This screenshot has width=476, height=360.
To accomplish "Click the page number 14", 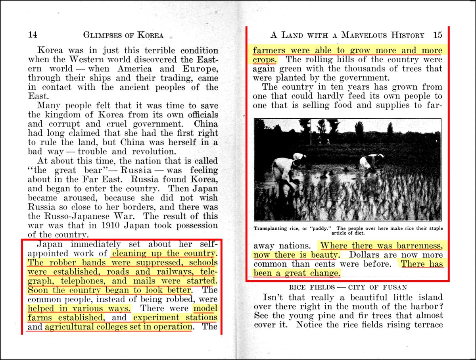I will pyautogui.click(x=33, y=35).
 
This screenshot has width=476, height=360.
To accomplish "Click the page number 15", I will pyautogui.click(x=438, y=35).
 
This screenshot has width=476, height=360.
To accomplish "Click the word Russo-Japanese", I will pyautogui.click(x=68, y=216).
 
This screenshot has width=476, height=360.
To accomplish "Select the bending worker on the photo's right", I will pyautogui.click(x=370, y=162).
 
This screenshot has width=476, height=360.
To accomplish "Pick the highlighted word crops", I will pyautogui.click(x=265, y=60).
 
